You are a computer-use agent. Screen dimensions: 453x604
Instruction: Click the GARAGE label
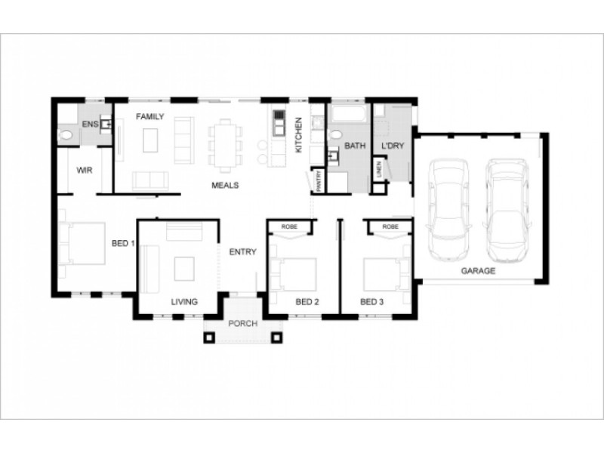[479, 270]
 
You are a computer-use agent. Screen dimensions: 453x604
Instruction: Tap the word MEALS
[225, 184]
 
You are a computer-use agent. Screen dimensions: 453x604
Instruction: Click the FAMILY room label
[149, 117]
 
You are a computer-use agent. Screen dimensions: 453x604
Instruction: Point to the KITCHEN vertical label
[298, 135]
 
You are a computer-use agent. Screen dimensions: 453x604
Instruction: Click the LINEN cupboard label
[378, 171]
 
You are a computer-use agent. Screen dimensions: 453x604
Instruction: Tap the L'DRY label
[392, 144]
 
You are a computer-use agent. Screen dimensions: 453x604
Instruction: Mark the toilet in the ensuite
[66, 135]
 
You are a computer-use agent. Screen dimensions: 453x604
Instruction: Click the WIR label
[84, 171]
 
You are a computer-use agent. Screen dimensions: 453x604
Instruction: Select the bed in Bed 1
[83, 243]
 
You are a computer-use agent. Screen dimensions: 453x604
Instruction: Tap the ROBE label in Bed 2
[289, 226]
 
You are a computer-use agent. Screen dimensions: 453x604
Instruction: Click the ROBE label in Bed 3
[390, 226]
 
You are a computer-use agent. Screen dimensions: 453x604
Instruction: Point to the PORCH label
[242, 323]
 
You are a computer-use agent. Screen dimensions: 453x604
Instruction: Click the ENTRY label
[243, 252]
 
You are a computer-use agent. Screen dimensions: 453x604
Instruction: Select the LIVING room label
[183, 302]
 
